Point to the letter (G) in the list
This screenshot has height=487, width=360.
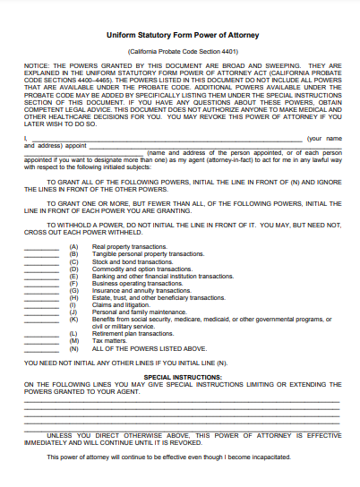pos(73,290)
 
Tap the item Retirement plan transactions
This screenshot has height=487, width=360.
pos(133,333)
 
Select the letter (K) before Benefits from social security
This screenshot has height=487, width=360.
pos(73,319)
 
